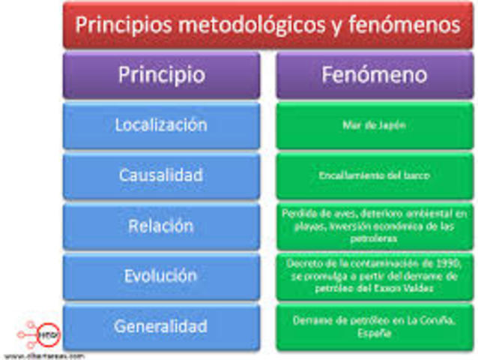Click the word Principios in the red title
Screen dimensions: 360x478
click(x=124, y=25)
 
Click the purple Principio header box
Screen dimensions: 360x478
click(x=161, y=75)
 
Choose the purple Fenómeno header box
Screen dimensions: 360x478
click(x=375, y=75)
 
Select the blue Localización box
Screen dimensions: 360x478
click(x=161, y=125)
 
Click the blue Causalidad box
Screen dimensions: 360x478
click(x=161, y=175)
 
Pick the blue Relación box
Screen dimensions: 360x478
click(x=161, y=226)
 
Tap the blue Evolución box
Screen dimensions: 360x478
click(x=161, y=276)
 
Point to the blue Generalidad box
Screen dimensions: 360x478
click(x=161, y=326)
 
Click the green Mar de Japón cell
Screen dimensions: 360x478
click(x=375, y=125)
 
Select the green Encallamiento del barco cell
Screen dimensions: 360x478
click(x=375, y=175)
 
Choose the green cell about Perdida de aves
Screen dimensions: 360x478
click(x=375, y=226)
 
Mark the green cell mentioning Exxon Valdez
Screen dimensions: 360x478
click(x=375, y=276)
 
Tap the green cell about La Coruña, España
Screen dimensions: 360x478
click(x=375, y=326)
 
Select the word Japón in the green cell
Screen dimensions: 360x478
click(x=394, y=125)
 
